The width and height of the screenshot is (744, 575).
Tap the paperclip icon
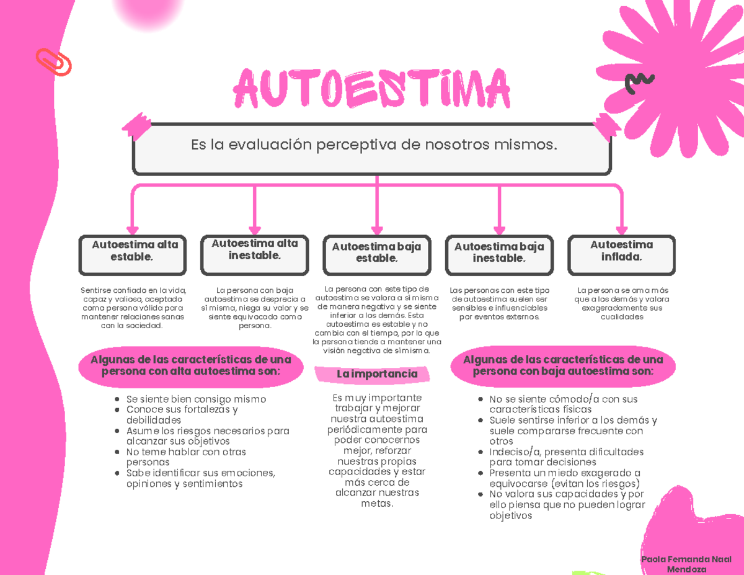(54, 62)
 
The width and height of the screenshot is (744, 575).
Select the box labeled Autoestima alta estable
(132, 255)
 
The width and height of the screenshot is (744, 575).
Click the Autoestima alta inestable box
(254, 254)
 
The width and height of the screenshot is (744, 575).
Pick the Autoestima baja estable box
(376, 256)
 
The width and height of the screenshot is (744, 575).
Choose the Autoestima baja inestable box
(499, 255)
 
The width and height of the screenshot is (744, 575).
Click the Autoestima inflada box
(622, 255)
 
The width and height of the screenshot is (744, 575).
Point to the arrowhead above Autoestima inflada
(622, 228)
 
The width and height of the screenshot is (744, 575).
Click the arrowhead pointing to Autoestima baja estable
(376, 228)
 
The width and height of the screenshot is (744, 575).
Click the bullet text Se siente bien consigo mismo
(196, 399)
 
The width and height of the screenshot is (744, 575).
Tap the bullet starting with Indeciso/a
(566, 457)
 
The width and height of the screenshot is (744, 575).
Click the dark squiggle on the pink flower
(639, 82)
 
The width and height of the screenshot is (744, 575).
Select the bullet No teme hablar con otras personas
(186, 457)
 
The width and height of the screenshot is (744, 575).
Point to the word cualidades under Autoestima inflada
(622, 316)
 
